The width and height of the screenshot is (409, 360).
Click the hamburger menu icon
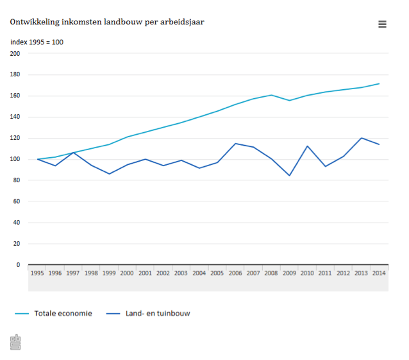(382, 24)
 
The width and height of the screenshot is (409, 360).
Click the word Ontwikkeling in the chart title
(35, 22)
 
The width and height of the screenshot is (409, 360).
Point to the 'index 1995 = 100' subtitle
(37, 42)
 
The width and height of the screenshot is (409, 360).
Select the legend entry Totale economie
(63, 313)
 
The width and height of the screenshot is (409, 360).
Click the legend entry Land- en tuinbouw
(158, 313)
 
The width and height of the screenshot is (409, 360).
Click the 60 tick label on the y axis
(17, 201)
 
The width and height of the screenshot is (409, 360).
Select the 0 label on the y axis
(18, 264)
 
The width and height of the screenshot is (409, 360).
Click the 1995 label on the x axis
(37, 273)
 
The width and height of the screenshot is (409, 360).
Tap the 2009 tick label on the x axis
(289, 273)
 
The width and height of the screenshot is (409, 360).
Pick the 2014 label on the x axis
(379, 273)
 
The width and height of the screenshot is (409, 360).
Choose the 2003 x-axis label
(181, 273)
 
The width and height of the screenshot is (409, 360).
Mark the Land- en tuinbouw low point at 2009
(289, 176)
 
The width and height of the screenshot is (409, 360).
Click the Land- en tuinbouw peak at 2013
(362, 138)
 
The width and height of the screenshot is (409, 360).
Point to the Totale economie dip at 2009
(289, 100)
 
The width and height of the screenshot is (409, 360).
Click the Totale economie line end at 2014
(379, 83)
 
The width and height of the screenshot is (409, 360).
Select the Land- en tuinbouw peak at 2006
(235, 143)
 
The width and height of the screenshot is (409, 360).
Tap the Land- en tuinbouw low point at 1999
(109, 174)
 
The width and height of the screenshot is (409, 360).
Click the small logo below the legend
(15, 342)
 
